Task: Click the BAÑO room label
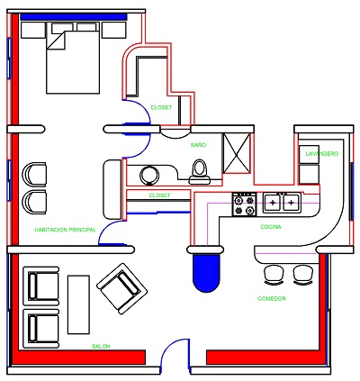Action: tap(198, 144)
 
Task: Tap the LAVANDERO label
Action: tap(321, 154)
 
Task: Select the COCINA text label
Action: tap(271, 227)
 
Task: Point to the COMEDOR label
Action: tap(272, 298)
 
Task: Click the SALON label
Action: tap(101, 347)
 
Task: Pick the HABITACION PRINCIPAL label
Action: tap(65, 231)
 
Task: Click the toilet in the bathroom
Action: tap(201, 168)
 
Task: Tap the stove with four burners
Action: tap(245, 204)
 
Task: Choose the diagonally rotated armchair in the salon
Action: tap(120, 289)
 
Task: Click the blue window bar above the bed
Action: tap(78, 16)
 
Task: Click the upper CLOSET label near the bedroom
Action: tap(162, 107)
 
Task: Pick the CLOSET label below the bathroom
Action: tap(158, 195)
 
